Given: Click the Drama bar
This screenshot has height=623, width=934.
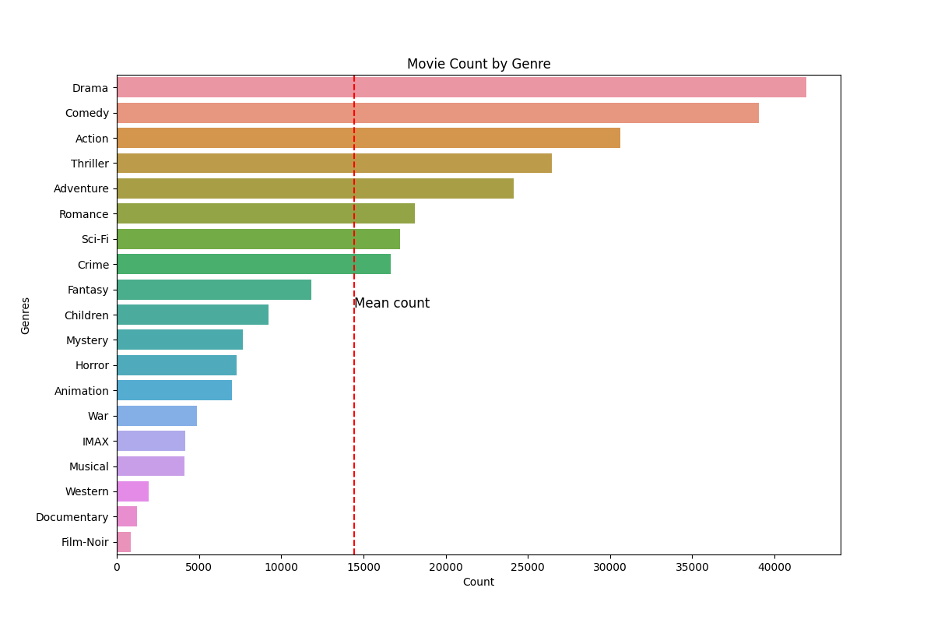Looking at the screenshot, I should pos(462,87).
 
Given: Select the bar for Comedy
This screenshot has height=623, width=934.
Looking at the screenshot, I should pos(437,113).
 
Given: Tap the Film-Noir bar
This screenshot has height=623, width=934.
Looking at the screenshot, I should pos(124,542).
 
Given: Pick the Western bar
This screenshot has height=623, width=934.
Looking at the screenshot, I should pos(133,491).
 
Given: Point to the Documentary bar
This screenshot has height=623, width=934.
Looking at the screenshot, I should pos(127,517).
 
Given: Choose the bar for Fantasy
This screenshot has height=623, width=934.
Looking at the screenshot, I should pos(214,290).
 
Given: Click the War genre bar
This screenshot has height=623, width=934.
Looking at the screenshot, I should pos(157,416).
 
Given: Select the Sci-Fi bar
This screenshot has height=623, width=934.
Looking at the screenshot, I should pos(258,239).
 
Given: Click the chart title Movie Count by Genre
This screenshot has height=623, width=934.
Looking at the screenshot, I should pos(479,64).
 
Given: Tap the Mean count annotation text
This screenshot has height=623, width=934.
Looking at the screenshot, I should pos(392,304).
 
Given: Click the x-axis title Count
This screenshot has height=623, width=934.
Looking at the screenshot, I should pos(478,583).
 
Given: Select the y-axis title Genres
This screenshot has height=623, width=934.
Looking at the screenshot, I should pos(26,315).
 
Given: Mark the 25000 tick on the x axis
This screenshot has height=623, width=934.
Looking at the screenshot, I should pos(528,566).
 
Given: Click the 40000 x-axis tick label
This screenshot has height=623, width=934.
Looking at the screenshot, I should pos(774,566).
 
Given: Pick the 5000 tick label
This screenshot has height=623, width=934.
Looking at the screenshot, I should pos(199,566).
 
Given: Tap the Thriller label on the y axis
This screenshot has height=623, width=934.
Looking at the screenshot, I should pos(90,164).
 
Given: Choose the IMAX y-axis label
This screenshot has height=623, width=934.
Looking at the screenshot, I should pos(95,442).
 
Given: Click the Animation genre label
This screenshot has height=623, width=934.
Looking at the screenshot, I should pos(82,391).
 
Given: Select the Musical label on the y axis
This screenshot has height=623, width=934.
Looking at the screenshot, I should pos(89,466).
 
